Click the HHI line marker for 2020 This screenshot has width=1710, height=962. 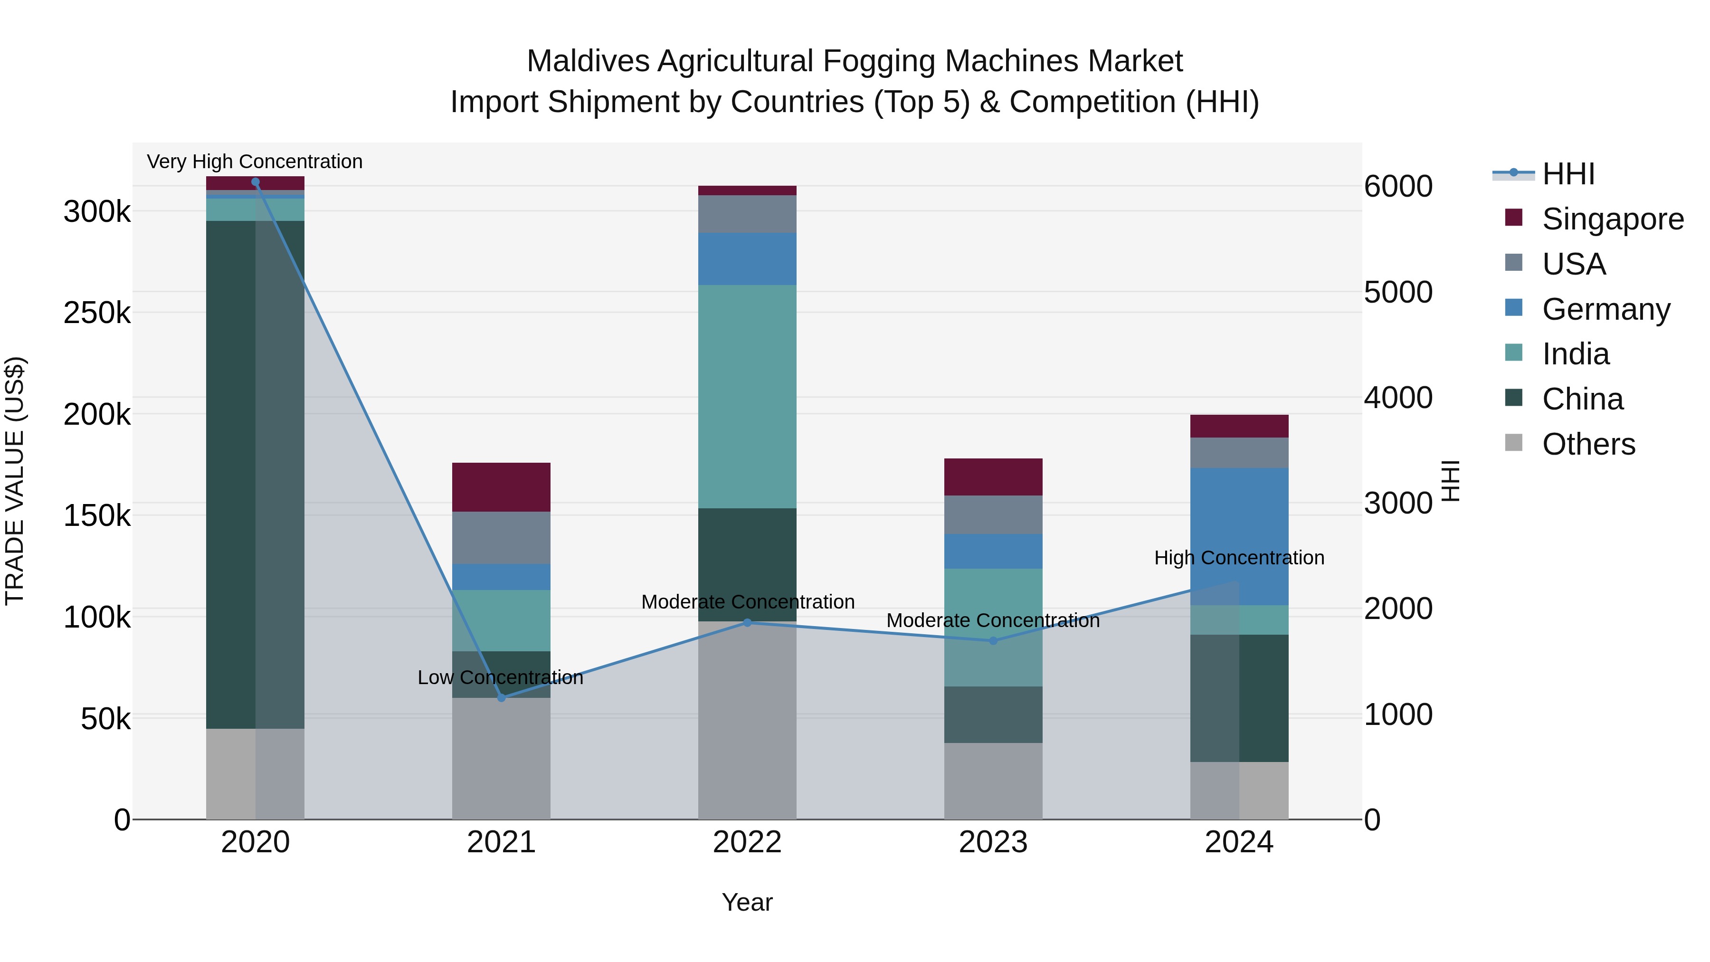(256, 182)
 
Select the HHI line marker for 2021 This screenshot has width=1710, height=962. (501, 698)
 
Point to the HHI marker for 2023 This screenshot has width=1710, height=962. (993, 641)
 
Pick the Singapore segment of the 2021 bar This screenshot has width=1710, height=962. (501, 486)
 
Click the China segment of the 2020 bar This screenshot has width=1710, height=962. (231, 475)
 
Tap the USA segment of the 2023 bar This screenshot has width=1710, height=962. (993, 514)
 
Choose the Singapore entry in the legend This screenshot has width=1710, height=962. (1613, 219)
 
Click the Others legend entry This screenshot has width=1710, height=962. (1588, 444)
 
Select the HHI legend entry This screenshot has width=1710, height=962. (1568, 174)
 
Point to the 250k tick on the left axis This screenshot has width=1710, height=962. (97, 313)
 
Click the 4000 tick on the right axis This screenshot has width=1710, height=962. (1398, 398)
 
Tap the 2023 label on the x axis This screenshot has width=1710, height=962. (993, 842)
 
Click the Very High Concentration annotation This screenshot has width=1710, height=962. (255, 162)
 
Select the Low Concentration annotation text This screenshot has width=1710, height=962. (501, 677)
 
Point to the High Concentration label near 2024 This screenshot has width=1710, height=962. (1239, 558)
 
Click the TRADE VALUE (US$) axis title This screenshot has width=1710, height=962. (15, 481)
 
